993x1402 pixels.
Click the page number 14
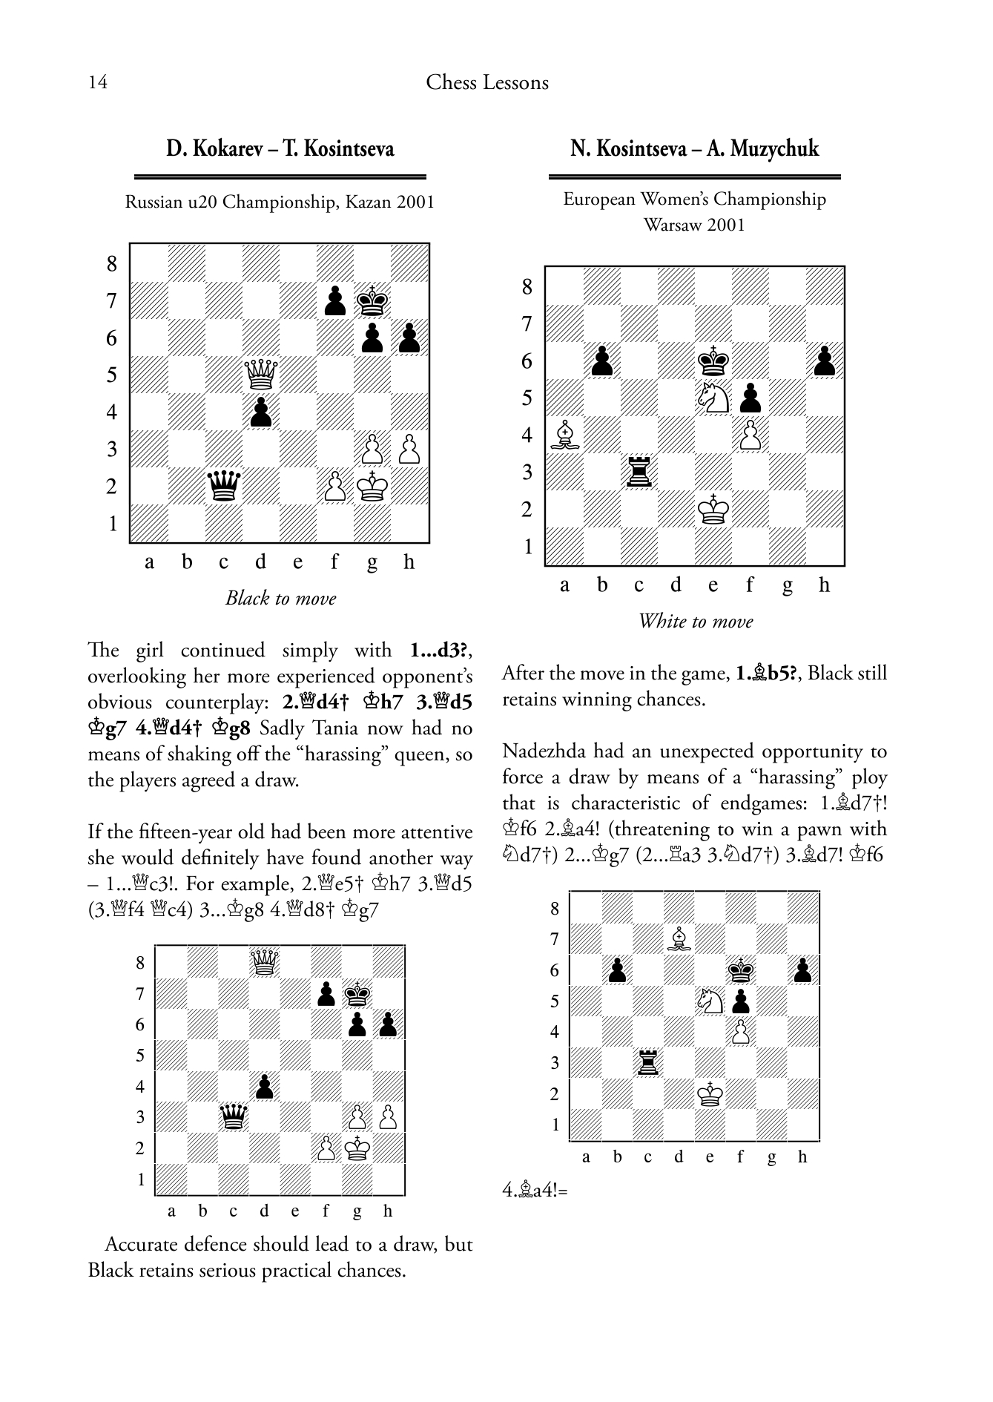pos(98,82)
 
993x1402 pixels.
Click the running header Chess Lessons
pos(487,82)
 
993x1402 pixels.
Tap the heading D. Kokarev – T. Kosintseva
pos(280,149)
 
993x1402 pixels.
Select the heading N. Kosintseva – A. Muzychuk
pos(694,148)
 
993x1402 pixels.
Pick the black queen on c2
pos(224,486)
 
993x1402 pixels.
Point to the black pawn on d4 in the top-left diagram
pos(261,412)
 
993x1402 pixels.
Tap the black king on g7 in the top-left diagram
pos(372,300)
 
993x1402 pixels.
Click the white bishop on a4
pos(565,435)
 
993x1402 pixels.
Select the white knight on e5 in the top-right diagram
pos(713,398)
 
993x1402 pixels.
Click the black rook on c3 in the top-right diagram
pos(639,472)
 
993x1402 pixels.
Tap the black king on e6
pos(713,361)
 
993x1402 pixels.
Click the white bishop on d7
pos(679,939)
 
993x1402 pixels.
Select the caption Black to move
pos(280,599)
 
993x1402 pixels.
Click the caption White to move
pos(695,622)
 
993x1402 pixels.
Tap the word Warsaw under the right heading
pos(670,225)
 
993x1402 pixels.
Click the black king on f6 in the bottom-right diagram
pos(739,970)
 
